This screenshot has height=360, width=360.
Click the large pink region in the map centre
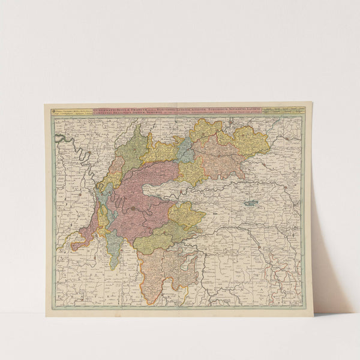(x=144, y=192)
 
